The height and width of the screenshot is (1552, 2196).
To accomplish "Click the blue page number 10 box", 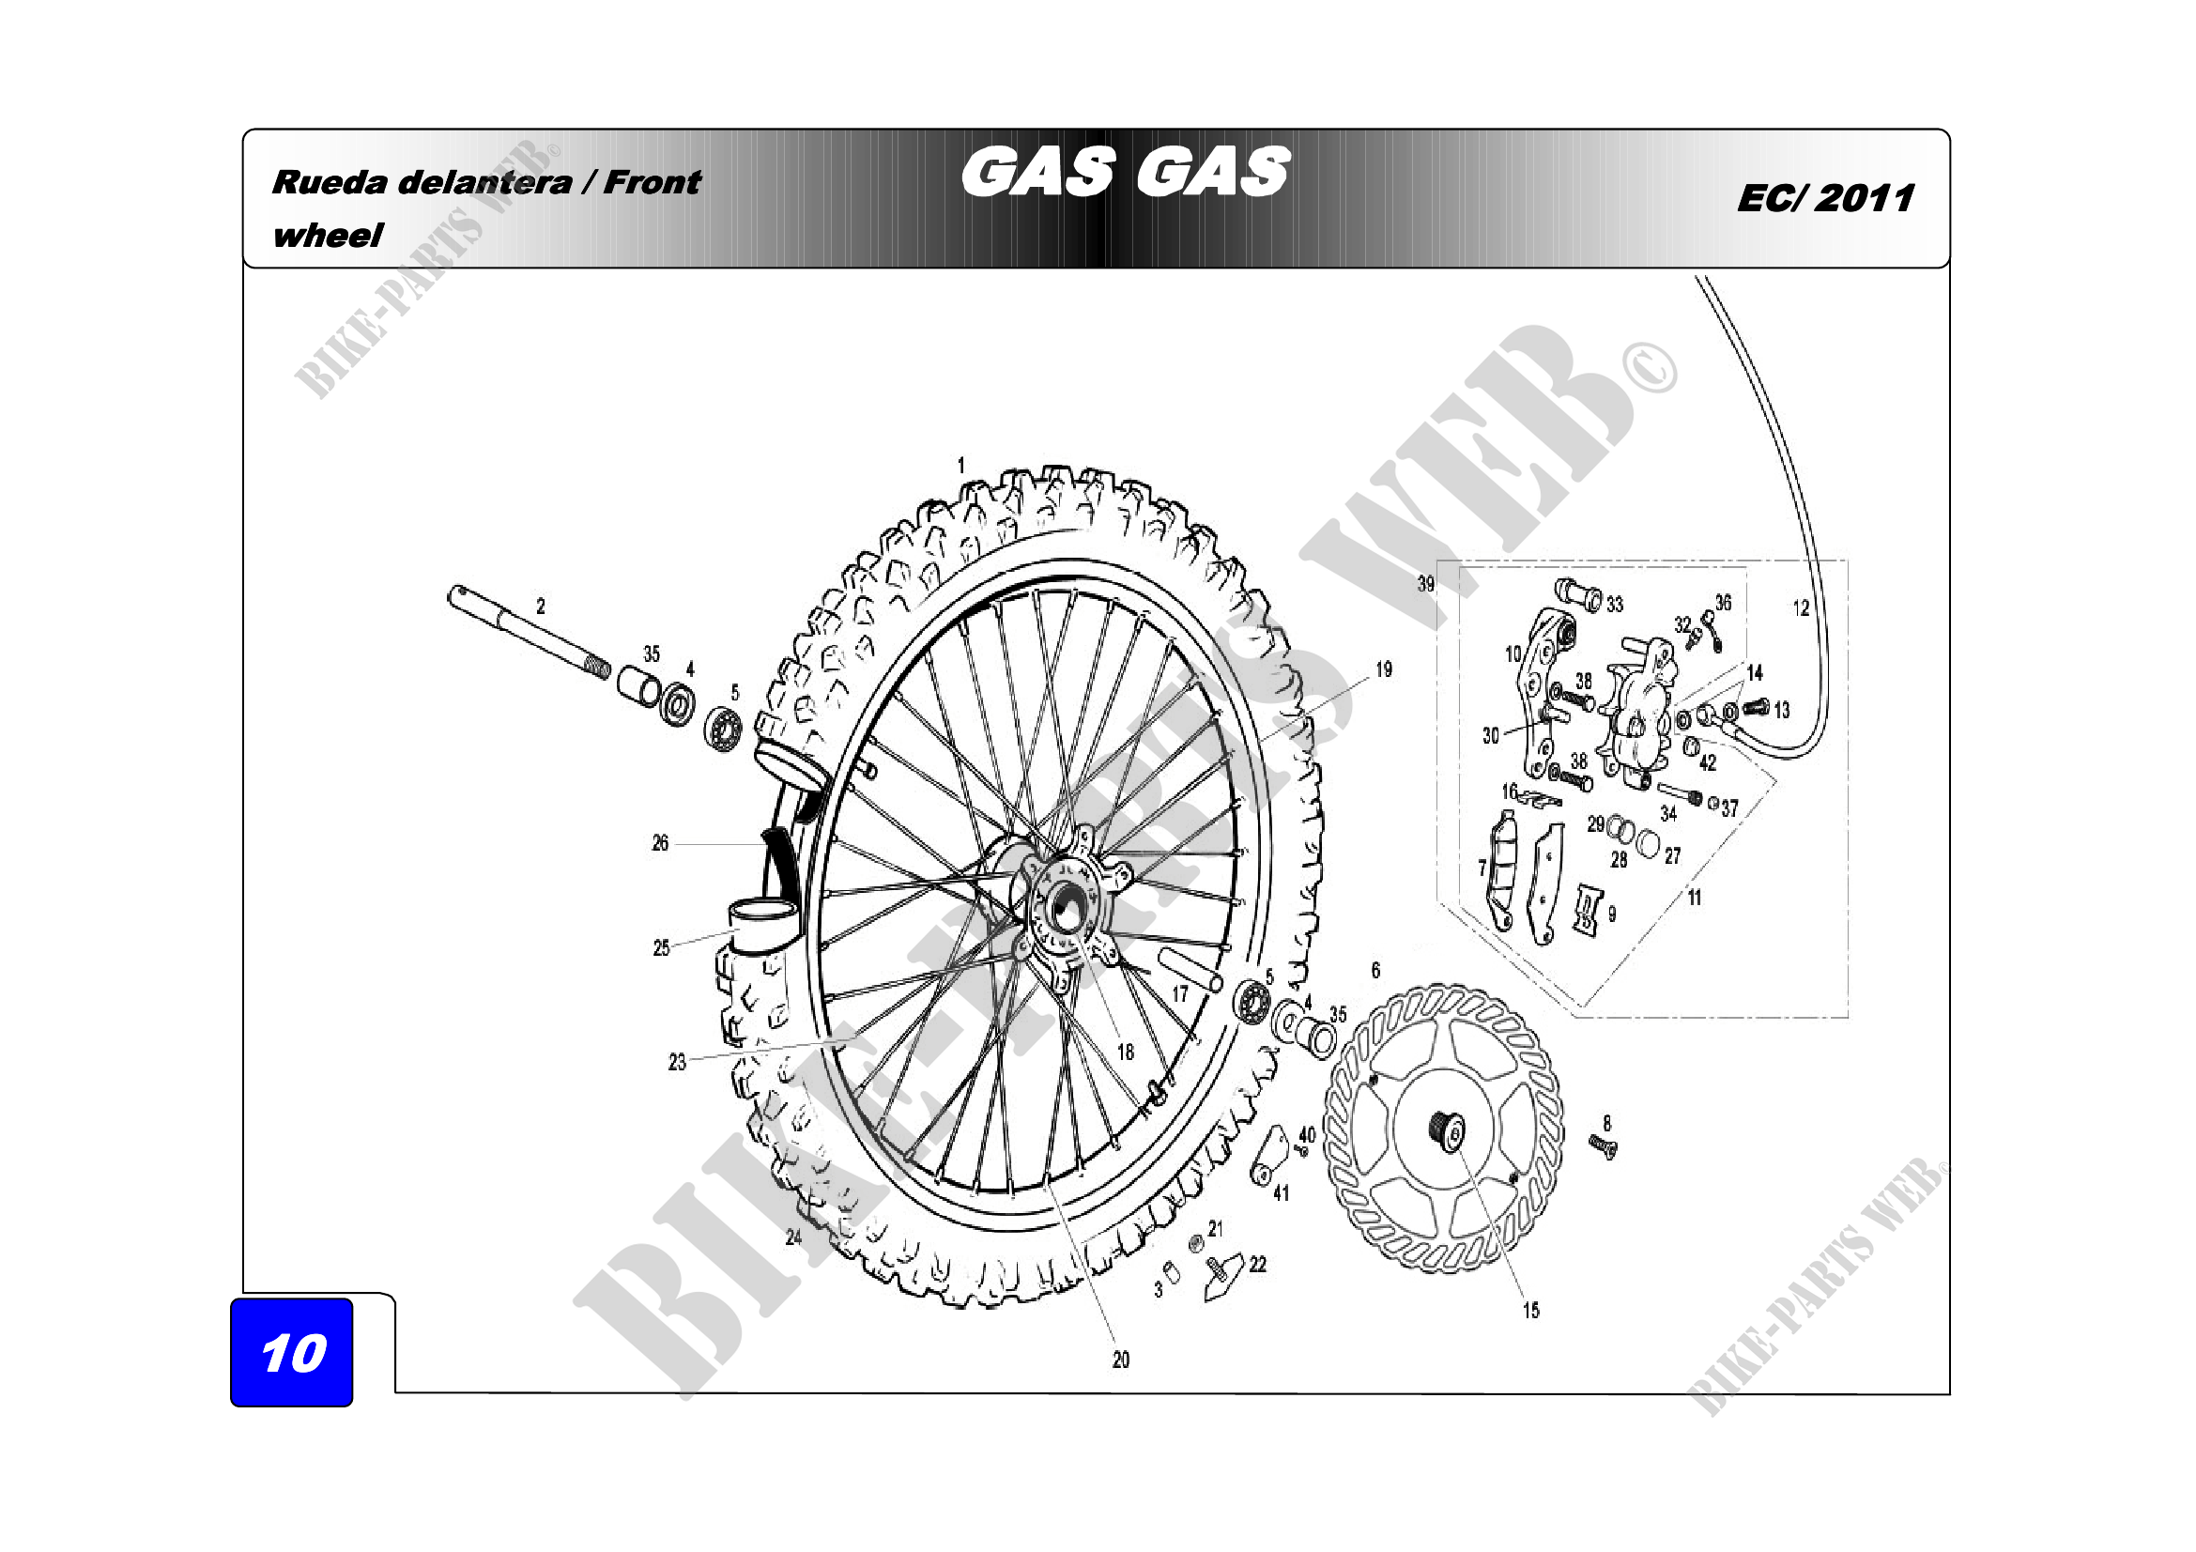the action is click(292, 1351).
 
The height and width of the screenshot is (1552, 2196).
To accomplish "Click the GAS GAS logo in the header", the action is click(1126, 173).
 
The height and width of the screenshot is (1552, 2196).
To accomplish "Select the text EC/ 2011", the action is click(1825, 198).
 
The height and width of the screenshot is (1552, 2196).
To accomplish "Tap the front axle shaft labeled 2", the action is click(529, 633).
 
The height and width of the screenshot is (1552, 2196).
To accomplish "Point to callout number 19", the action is click(1384, 669).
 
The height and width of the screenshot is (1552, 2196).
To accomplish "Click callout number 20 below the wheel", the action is click(1121, 1359).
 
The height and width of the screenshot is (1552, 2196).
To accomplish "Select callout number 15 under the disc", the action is click(1531, 1310).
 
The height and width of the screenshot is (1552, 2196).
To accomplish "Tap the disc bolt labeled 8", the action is click(1603, 1145).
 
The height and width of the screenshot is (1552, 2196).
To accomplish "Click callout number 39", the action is click(1426, 583).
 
